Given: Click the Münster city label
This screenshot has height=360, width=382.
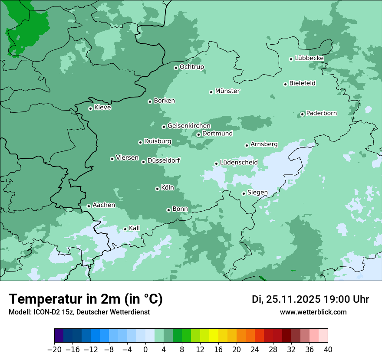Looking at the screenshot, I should (x=227, y=91).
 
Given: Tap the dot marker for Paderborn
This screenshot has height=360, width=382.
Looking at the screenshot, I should (x=303, y=115).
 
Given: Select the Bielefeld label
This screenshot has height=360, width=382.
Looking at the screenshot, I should (x=302, y=83).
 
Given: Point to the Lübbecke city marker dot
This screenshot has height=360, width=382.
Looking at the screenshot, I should (x=291, y=59).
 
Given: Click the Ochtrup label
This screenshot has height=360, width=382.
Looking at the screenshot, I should (x=191, y=67).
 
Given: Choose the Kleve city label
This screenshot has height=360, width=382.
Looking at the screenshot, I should (x=102, y=108).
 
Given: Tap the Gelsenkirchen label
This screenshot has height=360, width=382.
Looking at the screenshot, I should (x=189, y=126).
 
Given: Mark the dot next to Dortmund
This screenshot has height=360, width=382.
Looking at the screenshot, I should (x=198, y=134).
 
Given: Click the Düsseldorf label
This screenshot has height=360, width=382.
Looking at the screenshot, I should (x=164, y=160).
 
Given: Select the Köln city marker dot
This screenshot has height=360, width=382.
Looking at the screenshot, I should (x=157, y=189).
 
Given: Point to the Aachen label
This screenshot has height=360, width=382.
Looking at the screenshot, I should (x=104, y=205).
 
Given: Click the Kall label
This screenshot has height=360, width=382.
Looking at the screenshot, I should (x=134, y=228).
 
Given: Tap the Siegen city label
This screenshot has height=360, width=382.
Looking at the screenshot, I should (x=257, y=193).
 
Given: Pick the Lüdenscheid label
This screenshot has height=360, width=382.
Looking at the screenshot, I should (x=239, y=163).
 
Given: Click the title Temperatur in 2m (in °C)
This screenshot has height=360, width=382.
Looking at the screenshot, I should (x=86, y=299).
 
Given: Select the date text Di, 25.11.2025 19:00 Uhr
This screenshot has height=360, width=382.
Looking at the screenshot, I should (x=310, y=299).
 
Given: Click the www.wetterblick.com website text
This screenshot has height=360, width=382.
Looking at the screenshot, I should (x=313, y=312).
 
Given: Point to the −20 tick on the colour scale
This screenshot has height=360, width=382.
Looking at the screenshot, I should (x=55, y=350).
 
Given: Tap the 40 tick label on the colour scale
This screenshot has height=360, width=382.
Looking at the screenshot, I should (x=328, y=350).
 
